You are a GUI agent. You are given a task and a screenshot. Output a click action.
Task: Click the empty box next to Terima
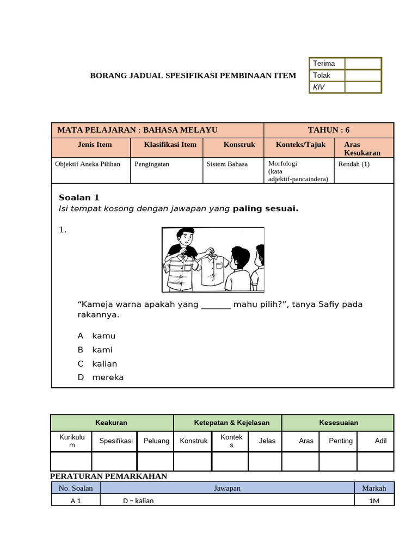(362, 64)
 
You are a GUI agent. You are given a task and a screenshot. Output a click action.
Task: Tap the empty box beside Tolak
(362, 76)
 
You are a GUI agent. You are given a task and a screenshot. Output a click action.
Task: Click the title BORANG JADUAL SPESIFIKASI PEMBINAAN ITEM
(193, 76)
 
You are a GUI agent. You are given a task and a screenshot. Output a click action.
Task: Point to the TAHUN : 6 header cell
(329, 130)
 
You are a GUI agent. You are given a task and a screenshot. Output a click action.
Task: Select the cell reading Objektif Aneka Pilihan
(88, 164)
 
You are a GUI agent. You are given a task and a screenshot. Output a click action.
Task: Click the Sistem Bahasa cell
(227, 164)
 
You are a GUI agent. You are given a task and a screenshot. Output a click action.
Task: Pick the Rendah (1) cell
(354, 164)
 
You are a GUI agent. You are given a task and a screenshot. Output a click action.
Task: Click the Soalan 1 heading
(79, 197)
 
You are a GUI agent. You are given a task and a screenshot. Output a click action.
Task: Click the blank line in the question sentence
(216, 305)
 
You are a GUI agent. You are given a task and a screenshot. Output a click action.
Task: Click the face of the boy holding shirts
(186, 238)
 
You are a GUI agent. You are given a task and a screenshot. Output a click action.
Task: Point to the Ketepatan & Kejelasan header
(228, 423)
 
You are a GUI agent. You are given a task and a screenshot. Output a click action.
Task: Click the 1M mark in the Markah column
(374, 501)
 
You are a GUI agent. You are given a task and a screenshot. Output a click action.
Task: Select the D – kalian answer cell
(138, 501)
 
